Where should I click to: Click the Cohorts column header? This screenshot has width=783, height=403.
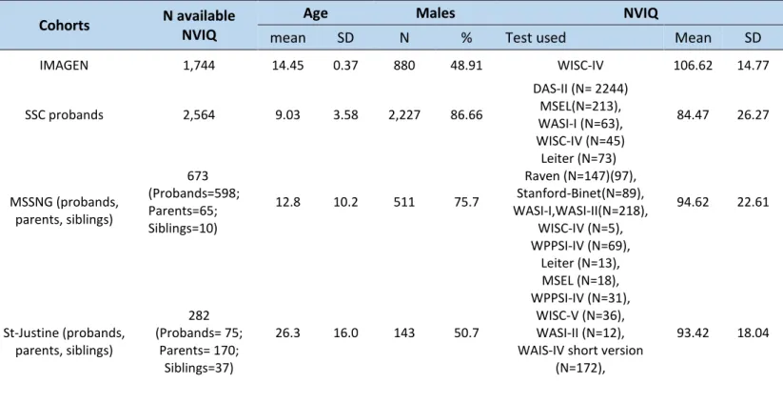tap(64, 26)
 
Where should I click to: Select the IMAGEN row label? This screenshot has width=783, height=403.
tap(64, 66)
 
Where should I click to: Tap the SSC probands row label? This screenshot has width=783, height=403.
tap(64, 115)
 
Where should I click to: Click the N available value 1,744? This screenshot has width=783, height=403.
tap(199, 66)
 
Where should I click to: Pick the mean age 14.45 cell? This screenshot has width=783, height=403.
tap(287, 66)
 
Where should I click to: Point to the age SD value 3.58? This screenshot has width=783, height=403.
tap(345, 115)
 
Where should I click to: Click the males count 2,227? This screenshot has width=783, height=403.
tap(404, 115)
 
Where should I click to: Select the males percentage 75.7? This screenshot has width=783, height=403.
tap(466, 202)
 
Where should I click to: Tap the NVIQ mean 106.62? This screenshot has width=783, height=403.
tap(693, 66)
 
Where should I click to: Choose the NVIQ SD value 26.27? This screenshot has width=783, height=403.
tap(754, 115)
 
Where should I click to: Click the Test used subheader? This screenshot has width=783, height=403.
tap(536, 38)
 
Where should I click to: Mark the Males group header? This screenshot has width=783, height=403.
tap(436, 13)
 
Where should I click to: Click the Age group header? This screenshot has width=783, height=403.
tap(316, 13)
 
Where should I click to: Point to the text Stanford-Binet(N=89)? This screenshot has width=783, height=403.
tap(579, 193)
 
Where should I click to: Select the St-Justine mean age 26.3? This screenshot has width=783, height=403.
tap(287, 333)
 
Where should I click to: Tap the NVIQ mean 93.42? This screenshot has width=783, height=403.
tap(693, 333)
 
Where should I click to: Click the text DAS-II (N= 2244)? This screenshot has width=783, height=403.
tap(580, 89)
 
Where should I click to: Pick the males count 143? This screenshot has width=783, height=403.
tap(404, 333)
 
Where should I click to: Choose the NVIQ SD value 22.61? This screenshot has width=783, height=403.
tap(754, 202)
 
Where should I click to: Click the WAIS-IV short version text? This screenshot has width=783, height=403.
tap(580, 351)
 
